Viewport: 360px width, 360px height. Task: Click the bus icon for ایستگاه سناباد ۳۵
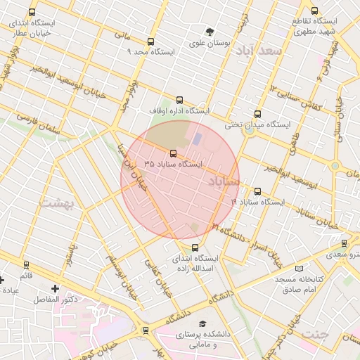click(174, 153)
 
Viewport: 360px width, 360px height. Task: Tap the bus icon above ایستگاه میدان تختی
click(257, 114)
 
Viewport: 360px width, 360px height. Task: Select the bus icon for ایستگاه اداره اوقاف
click(179, 100)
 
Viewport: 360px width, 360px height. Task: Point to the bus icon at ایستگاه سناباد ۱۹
click(257, 191)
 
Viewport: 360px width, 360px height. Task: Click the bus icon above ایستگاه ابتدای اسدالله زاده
click(195, 247)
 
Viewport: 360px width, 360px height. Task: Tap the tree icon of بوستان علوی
click(210, 32)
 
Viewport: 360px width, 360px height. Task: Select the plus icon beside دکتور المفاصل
click(56, 288)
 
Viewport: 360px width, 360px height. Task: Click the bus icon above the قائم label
click(27, 265)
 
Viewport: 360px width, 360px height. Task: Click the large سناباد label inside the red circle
click(223, 181)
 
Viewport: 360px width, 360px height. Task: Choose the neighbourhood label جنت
click(313, 334)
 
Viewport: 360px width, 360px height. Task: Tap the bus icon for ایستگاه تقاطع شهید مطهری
click(314, 11)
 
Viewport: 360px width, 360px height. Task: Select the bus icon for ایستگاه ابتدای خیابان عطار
click(32, 13)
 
